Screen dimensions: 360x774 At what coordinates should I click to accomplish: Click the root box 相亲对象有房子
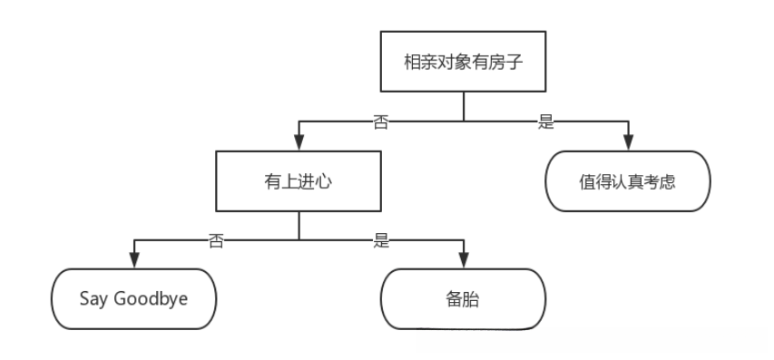coord(463,63)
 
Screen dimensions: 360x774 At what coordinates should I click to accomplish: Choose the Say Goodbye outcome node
coord(134,297)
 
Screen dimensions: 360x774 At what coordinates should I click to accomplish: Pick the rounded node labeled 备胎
coord(463,297)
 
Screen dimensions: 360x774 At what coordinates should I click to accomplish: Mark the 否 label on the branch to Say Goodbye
coord(216,240)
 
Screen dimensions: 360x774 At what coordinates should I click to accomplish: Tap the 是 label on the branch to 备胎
coord(381,240)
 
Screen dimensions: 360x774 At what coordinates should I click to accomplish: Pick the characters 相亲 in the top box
coord(418,63)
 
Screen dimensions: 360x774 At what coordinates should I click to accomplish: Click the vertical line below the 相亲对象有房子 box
coord(464,106)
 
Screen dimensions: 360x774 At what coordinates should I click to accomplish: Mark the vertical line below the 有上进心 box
coord(299,225)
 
